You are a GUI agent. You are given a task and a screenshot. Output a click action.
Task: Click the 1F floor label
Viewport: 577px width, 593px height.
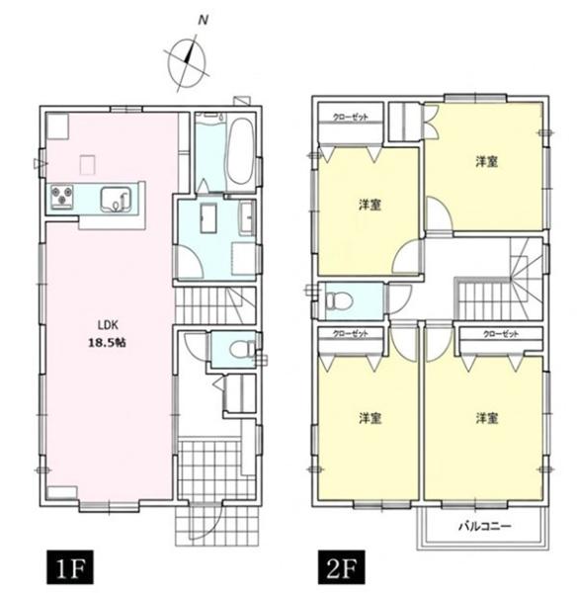click(70, 567)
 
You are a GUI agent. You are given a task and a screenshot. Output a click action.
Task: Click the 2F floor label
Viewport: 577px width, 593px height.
click(342, 567)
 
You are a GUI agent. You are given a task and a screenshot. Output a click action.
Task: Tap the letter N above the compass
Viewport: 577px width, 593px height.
click(204, 21)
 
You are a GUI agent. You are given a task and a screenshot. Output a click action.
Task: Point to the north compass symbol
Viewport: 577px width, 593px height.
click(188, 62)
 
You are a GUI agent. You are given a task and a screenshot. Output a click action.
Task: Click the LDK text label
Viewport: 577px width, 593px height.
click(109, 325)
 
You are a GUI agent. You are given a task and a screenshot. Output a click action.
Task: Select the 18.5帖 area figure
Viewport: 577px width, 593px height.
click(107, 343)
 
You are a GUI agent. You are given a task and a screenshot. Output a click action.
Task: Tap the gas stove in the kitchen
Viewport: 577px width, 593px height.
click(62, 197)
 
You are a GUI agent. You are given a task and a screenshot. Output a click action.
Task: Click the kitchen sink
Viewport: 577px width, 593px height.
click(116, 200)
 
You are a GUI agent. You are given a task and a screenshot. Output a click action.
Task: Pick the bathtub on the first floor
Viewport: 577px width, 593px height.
click(240, 152)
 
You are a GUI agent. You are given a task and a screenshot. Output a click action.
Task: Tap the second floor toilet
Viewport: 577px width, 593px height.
click(339, 301)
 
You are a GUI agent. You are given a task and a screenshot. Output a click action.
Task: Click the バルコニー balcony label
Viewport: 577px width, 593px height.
click(485, 526)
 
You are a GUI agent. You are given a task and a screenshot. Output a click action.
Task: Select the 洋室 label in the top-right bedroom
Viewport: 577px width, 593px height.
click(486, 162)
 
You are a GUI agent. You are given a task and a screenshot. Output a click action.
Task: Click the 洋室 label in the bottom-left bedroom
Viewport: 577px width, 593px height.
click(371, 418)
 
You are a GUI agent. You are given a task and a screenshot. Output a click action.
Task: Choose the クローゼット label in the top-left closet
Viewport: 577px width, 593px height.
click(350, 118)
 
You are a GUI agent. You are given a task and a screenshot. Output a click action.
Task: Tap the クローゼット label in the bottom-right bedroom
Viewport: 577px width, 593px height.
click(501, 334)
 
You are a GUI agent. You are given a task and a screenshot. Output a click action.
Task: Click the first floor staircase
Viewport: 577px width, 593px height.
click(215, 305)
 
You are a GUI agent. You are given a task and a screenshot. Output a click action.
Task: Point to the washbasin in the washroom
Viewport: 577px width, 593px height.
click(247, 217)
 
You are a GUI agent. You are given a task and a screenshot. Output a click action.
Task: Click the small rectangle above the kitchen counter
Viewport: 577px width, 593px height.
click(87, 165)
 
